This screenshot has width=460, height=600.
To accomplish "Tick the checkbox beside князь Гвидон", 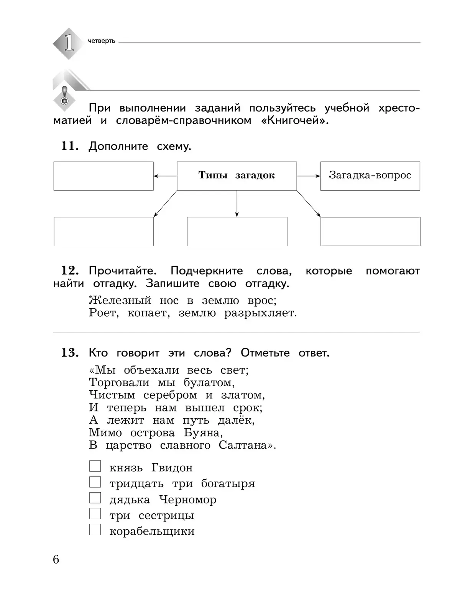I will (x=95, y=466).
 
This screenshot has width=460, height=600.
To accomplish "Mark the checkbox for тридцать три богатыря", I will (x=95, y=482).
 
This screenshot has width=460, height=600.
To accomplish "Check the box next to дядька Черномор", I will (x=95, y=498).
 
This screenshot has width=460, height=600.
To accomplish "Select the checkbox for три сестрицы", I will (x=95, y=514).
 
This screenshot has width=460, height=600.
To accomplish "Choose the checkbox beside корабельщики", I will (x=95, y=530).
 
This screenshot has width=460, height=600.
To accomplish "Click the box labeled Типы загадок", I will (x=237, y=176).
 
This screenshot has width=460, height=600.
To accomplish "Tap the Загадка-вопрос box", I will (x=370, y=176).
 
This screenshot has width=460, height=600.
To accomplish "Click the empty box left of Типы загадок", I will (x=103, y=176).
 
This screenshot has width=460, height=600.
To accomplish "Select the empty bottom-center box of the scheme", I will (x=237, y=232).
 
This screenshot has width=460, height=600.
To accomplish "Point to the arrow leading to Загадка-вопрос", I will (x=308, y=176).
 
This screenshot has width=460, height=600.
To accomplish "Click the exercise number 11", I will (x=69, y=146).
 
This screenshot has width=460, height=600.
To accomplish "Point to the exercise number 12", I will (x=69, y=271).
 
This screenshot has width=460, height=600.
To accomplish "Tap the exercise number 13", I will (x=69, y=353).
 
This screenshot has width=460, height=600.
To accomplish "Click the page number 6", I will (x=56, y=560).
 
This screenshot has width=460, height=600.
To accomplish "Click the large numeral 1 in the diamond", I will (x=69, y=43).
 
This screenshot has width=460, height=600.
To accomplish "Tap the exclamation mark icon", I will (x=64, y=96).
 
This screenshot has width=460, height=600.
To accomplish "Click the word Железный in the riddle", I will (x=120, y=300).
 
